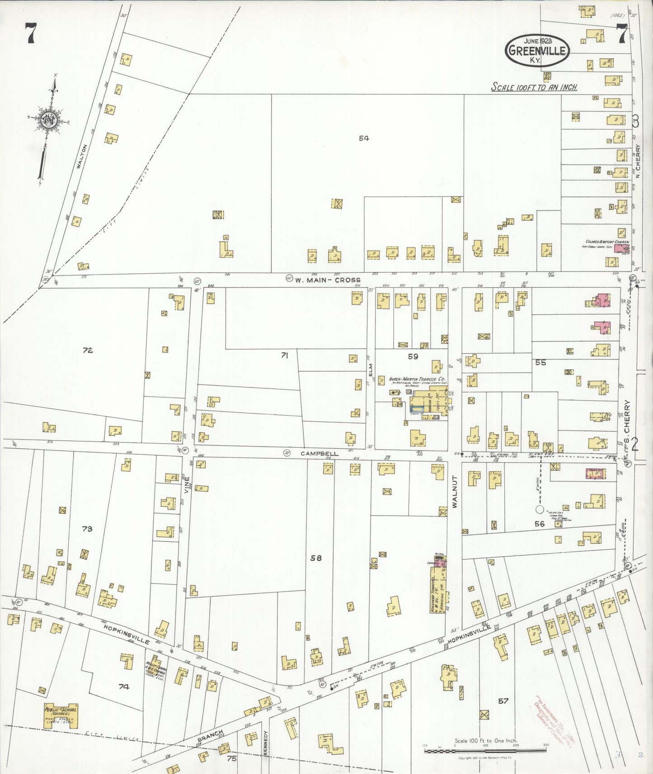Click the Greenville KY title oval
537,50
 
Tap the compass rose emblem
47,120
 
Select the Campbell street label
319,453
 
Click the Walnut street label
455,491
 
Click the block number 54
364,138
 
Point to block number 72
87,350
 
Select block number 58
315,558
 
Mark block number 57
503,701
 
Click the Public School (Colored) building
61,716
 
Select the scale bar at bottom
484,751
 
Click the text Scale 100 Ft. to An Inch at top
534,87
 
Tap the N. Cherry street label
638,159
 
